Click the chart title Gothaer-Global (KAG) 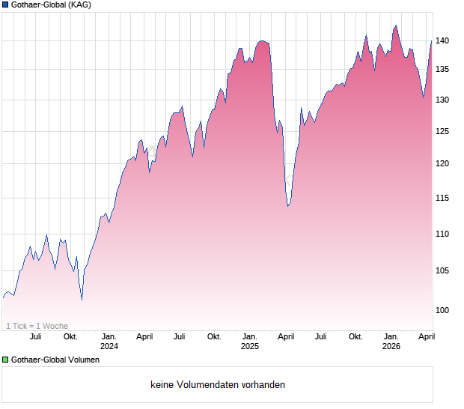pyautogui.click(x=51, y=5)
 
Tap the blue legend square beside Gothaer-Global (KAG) pyautogui.click(x=5, y=5)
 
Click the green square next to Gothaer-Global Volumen pyautogui.click(x=5, y=360)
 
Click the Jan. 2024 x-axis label pyautogui.click(x=109, y=342)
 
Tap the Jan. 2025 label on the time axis pyautogui.click(x=250, y=342)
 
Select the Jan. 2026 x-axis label pyautogui.click(x=391, y=342)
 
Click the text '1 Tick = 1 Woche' pyautogui.click(x=37, y=326)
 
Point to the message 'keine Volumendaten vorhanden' pyautogui.click(x=218, y=385)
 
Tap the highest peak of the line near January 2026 pyautogui.click(x=395, y=25)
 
